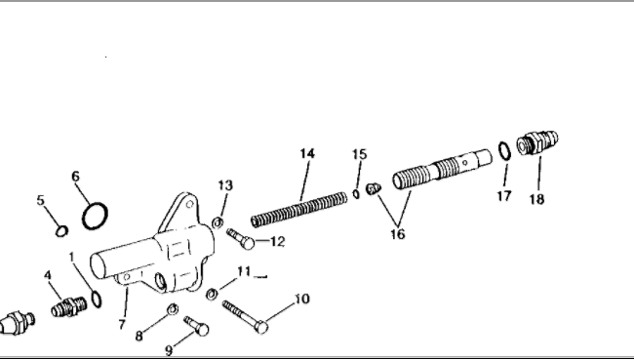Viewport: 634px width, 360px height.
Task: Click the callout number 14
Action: pyautogui.click(x=307, y=154)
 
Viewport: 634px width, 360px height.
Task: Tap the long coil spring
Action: pyautogui.click(x=298, y=210)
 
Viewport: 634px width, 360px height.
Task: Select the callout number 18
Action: pyautogui.click(x=536, y=199)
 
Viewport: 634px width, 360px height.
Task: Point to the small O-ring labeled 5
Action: pyautogui.click(x=61, y=231)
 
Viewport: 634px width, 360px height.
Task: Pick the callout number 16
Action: pyautogui.click(x=398, y=234)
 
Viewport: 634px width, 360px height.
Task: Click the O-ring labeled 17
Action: pyautogui.click(x=504, y=151)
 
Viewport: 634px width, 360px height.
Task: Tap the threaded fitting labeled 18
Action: pyautogui.click(x=537, y=142)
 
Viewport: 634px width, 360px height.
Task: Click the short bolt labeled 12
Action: pyautogui.click(x=241, y=239)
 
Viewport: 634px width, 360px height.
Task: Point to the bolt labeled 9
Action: pyautogui.click(x=196, y=326)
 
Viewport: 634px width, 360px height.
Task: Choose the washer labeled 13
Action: pyautogui.click(x=218, y=222)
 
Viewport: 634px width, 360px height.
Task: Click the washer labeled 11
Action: pyautogui.click(x=212, y=294)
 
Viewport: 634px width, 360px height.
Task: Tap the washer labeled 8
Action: pyautogui.click(x=173, y=309)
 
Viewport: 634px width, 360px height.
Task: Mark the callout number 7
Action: pyautogui.click(x=122, y=325)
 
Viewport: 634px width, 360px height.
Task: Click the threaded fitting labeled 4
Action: pyautogui.click(x=69, y=306)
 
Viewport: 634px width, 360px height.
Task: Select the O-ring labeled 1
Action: pyautogui.click(x=97, y=299)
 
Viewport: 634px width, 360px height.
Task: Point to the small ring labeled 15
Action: pyautogui.click(x=356, y=194)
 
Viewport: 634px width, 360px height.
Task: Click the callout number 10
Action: pyautogui.click(x=302, y=299)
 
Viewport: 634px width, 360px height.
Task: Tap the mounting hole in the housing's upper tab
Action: pyautogui.click(x=189, y=204)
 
